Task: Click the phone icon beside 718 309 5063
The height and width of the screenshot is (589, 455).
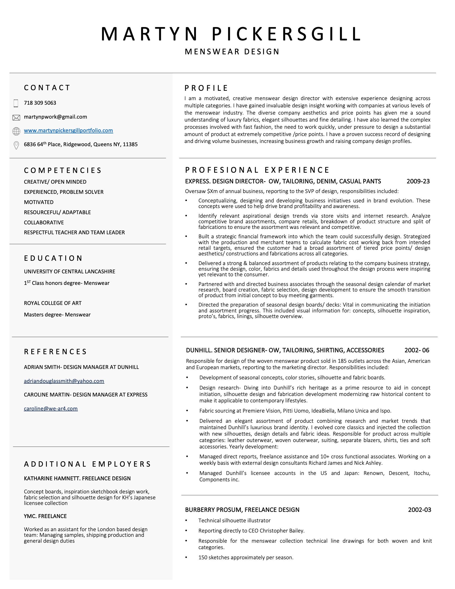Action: [x=16, y=103]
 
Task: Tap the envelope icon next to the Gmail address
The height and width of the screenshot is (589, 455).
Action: [x=16, y=118]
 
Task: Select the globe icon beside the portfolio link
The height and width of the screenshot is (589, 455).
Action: [x=16, y=131]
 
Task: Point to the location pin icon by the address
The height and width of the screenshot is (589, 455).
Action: [x=16, y=145]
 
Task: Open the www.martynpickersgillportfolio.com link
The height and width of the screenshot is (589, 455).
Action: [x=69, y=131]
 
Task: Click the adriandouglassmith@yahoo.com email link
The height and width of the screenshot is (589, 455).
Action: [x=64, y=381]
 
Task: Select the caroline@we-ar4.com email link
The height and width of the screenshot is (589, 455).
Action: [x=51, y=408]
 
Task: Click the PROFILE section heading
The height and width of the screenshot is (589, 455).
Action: [x=206, y=88]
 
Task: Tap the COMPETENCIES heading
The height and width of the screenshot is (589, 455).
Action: [x=63, y=171]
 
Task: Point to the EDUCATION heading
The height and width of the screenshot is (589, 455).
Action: [x=53, y=258]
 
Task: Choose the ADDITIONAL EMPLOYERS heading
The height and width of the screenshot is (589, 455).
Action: [x=88, y=464]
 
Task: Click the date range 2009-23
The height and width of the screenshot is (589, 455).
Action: [x=418, y=181]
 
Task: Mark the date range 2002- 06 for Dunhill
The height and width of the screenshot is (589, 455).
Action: [x=417, y=350]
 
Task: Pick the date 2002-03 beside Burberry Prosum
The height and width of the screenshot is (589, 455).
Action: [x=419, y=510]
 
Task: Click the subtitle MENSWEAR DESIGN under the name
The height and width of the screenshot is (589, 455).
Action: [x=232, y=51]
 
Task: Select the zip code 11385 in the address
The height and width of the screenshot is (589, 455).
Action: [x=130, y=144]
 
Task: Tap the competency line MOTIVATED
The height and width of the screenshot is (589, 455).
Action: [x=39, y=202]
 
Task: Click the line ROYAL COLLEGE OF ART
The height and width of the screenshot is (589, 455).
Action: [x=52, y=303]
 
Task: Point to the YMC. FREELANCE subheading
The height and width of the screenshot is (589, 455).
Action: [x=45, y=516]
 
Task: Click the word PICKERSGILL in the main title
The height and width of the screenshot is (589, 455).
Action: [x=286, y=34]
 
